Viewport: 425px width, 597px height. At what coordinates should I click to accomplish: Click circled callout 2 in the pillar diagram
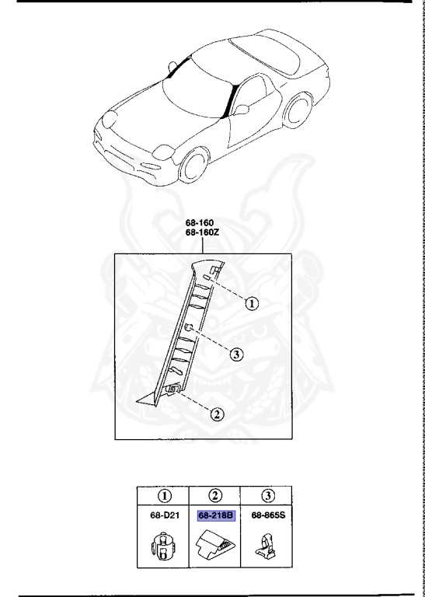(x=218, y=414)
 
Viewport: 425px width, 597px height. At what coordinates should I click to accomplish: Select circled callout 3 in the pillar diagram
(x=237, y=355)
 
